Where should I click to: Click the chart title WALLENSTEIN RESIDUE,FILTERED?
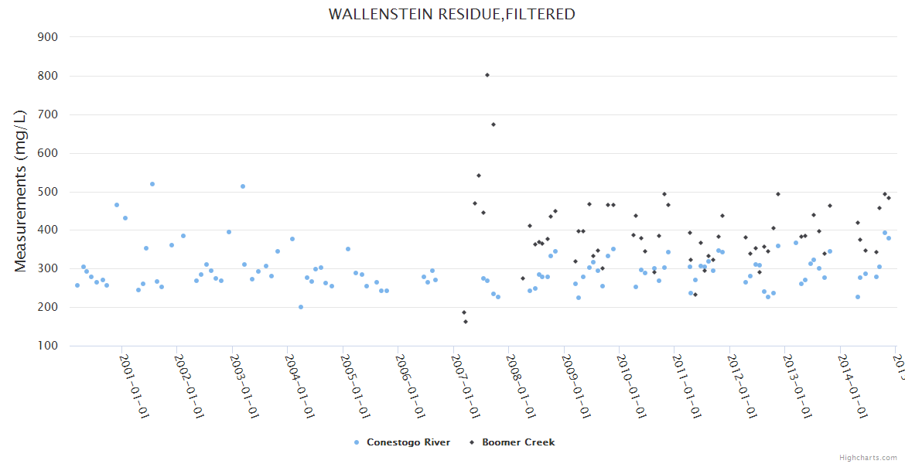pyautogui.click(x=452, y=14)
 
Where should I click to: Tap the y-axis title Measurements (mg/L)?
pyautogui.click(x=21, y=190)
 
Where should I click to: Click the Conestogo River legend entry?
pyautogui.click(x=408, y=442)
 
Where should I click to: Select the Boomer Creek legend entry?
pyautogui.click(x=517, y=442)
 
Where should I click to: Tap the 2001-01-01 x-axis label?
pyautogui.click(x=134, y=386)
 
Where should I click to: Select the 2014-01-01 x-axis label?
pyautogui.click(x=855, y=386)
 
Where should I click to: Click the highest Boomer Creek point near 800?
pyautogui.click(x=487, y=75)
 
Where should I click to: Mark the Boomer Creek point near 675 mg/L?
pyautogui.click(x=493, y=125)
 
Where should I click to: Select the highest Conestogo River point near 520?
pyautogui.click(x=152, y=184)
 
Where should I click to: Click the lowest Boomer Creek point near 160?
pyautogui.click(x=466, y=322)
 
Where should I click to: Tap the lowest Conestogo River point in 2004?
pyautogui.click(x=301, y=307)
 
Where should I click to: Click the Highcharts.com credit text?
pyautogui.click(x=869, y=457)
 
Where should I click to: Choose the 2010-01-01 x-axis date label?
pyautogui.click(x=633, y=386)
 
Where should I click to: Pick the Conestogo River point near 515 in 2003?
pyautogui.click(x=243, y=186)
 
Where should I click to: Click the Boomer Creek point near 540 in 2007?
pyautogui.click(x=479, y=176)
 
